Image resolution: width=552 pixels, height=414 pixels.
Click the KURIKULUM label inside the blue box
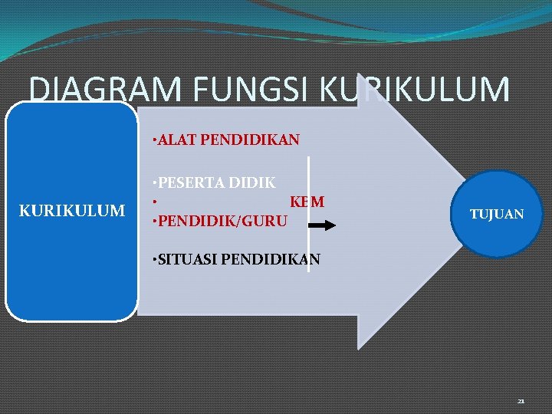point(72,210)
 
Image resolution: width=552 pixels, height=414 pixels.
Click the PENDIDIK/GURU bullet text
point(222,222)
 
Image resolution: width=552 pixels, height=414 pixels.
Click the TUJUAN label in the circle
point(497,215)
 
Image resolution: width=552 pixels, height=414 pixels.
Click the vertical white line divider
point(308,215)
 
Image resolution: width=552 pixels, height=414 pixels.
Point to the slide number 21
point(521,401)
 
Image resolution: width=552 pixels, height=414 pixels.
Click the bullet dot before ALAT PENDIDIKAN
point(154,141)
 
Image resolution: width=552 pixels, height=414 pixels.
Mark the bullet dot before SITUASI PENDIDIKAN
point(154,260)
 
